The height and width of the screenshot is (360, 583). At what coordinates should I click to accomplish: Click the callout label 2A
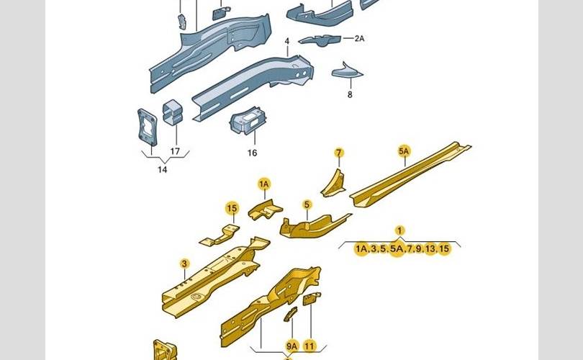click(x=359, y=38)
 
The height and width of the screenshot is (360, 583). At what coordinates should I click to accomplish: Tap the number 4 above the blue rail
click(x=286, y=41)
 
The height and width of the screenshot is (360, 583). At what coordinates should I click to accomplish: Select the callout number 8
click(x=350, y=95)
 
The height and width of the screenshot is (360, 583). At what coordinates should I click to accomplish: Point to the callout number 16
click(x=252, y=153)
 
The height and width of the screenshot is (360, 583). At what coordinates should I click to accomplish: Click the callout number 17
click(x=175, y=151)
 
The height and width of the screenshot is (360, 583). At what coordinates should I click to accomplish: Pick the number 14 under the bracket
click(x=163, y=170)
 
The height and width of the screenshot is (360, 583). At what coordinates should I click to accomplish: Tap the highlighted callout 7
click(x=339, y=153)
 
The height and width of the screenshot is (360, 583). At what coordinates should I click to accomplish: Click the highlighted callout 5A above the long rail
click(x=404, y=151)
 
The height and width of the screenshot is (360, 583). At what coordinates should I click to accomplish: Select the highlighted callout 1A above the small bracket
click(x=264, y=184)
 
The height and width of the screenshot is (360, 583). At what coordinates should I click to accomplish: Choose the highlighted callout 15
click(x=232, y=208)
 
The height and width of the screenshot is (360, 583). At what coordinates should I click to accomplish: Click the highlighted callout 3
click(x=184, y=264)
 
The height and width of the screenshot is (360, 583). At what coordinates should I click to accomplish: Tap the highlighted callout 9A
click(x=292, y=346)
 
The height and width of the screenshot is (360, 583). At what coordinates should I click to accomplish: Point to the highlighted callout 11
click(x=309, y=346)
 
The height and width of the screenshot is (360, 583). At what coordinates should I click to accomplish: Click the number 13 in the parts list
click(x=430, y=249)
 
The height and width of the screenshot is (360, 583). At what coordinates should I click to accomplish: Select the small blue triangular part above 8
click(x=347, y=71)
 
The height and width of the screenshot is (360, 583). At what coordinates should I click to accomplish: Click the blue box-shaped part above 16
click(x=248, y=120)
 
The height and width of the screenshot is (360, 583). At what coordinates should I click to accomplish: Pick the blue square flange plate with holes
click(x=147, y=127)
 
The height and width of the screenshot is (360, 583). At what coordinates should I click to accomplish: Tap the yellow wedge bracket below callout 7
click(x=333, y=184)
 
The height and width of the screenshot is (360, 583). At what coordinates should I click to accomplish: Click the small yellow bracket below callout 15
click(x=220, y=235)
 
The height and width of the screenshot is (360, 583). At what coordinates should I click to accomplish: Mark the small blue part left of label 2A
click(x=320, y=40)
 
